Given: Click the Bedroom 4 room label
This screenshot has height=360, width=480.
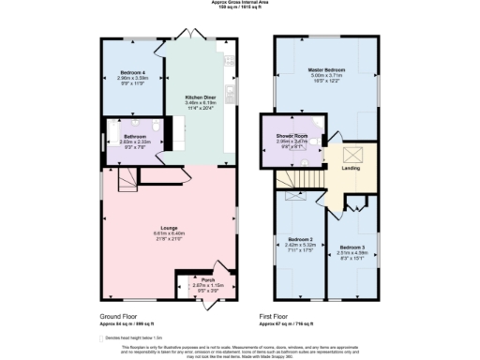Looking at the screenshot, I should (130, 72).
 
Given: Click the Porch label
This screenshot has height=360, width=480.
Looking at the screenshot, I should (195, 278).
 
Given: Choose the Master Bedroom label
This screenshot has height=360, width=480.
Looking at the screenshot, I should (329, 70).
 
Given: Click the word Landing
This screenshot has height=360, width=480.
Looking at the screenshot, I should (351, 169).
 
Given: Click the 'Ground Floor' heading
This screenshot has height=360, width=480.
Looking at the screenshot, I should (121, 318).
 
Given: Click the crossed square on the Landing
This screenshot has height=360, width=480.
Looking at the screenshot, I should (352, 154).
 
